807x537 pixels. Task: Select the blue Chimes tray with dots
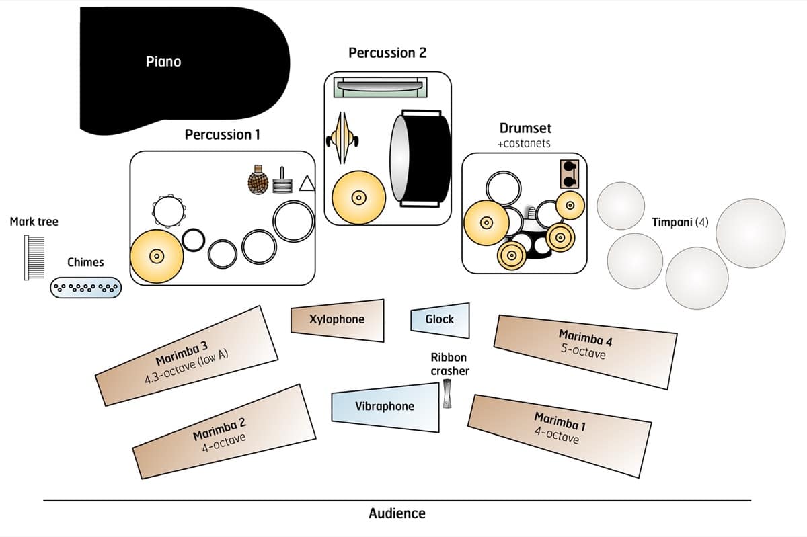coord(86,288)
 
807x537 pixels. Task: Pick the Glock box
coord(440,320)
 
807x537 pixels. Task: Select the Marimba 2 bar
coord(225,431)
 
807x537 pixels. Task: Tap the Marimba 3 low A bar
coord(186,356)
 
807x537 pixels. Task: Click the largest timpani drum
coord(751,233)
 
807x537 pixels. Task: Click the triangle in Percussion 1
coord(307,183)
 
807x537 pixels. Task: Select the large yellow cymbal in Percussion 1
coord(157,256)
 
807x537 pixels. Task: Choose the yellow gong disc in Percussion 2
coord(359,198)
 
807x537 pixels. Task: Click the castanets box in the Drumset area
coord(570,174)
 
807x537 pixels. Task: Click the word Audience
coord(397,513)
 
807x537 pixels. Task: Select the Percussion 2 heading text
coord(387,53)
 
